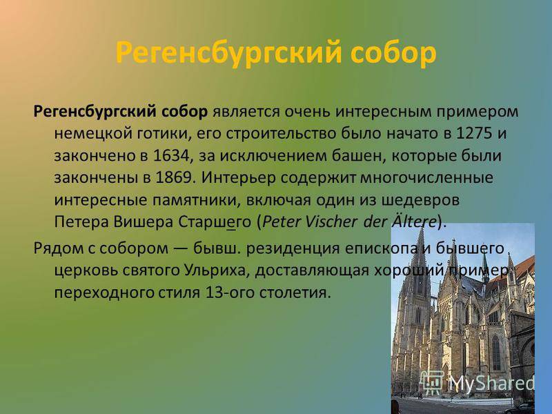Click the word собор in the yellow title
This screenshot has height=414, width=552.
pos(393,53)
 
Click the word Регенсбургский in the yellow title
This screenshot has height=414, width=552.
pos(228,54)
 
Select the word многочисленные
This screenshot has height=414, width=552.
pos(426,178)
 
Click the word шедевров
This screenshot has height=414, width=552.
pos(420,200)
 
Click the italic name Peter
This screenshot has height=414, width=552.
pos(281,222)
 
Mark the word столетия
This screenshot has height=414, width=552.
pos(295,293)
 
